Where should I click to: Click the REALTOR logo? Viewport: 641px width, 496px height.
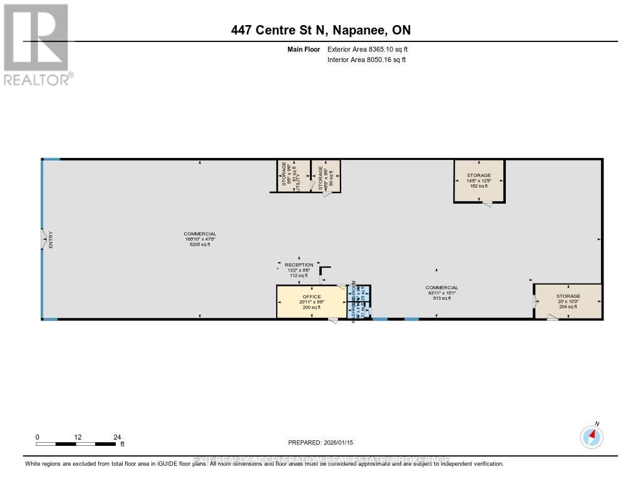pos(36,44)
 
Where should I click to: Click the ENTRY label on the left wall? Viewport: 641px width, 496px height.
pos(51,240)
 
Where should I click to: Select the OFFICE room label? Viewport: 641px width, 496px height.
pos(312,297)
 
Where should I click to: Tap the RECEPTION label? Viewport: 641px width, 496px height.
pos(299,265)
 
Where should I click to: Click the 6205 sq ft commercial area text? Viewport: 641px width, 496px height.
pos(200,245)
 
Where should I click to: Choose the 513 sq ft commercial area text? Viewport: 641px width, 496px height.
pos(443,298)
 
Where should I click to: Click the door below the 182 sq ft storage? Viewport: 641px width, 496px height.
pos(487,205)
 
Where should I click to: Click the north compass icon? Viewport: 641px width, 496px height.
pos(592,436)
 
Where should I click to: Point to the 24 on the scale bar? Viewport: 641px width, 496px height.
pos(117,437)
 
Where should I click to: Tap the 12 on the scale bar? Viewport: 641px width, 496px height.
pos(78,437)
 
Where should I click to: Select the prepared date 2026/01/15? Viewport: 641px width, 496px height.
pos(345,442)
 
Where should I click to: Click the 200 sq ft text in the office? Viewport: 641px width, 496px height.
pos(312,307)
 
